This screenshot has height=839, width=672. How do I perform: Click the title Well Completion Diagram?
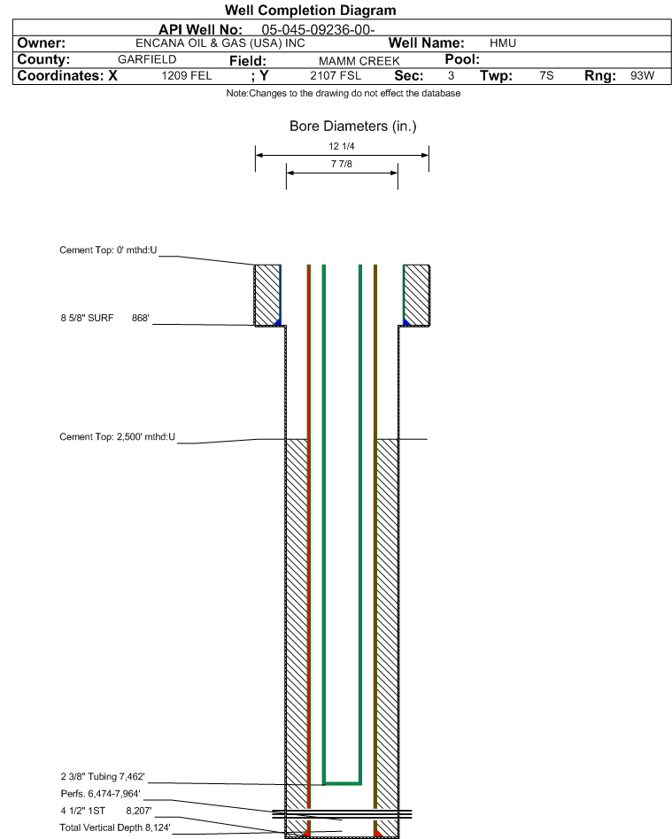tap(311, 10)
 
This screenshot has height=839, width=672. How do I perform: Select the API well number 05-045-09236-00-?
tap(318, 30)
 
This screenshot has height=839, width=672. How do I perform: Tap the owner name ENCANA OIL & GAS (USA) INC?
tap(220, 43)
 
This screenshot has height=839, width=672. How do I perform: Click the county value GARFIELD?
tap(147, 59)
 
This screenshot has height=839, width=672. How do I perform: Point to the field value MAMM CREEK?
tap(359, 61)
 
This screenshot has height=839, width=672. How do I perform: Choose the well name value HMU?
tap(503, 43)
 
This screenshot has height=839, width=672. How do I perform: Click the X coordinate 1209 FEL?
tap(187, 76)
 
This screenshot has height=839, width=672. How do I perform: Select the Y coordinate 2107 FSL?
tap(336, 76)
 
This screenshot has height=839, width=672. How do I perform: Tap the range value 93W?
tap(642, 75)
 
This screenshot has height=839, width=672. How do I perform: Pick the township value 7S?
tap(546, 75)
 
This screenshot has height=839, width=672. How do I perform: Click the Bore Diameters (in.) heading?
tap(353, 127)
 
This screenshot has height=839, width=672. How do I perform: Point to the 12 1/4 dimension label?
tap(342, 146)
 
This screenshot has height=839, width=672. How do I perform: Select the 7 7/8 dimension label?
tap(342, 164)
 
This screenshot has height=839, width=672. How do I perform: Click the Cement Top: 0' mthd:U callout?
tap(108, 250)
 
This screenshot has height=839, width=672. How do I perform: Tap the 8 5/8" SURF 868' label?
tap(105, 318)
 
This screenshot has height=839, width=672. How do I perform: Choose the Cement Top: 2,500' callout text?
tap(117, 436)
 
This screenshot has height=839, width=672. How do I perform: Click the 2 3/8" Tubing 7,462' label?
tap(103, 776)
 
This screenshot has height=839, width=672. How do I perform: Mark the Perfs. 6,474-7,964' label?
tap(101, 794)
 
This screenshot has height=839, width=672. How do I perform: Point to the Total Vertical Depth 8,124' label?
tap(115, 827)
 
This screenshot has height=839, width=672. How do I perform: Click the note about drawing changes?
tap(344, 93)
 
